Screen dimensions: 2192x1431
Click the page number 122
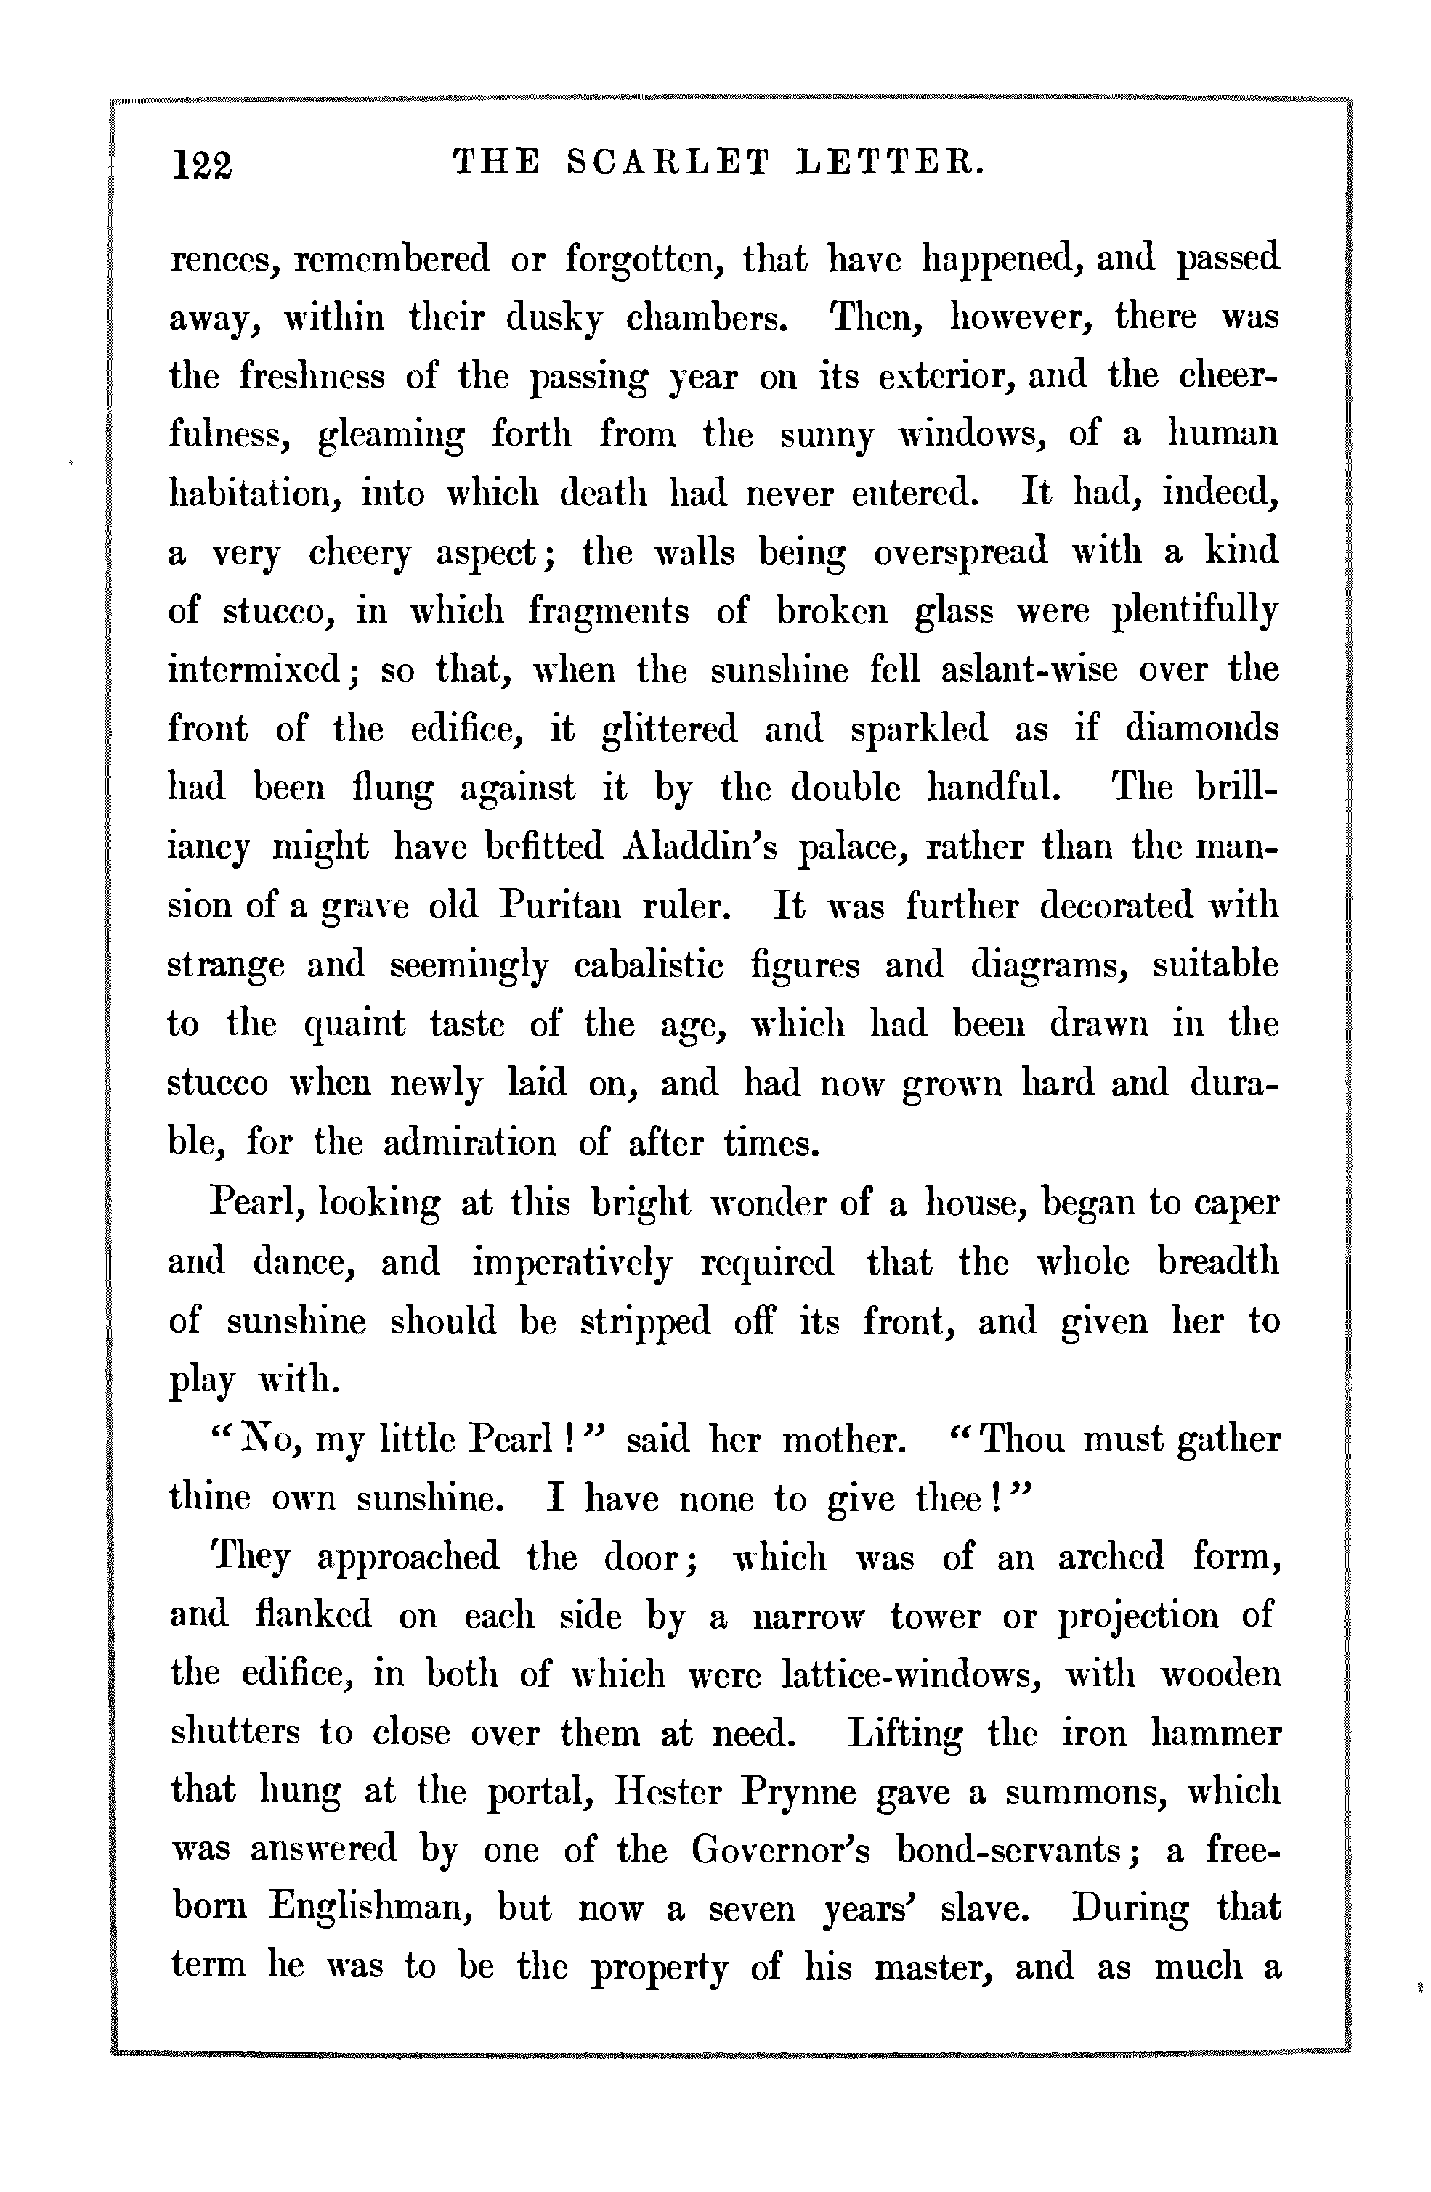point(203,165)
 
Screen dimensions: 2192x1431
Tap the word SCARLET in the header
point(666,163)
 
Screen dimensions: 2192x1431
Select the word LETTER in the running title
point(890,163)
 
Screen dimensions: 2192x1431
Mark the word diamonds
point(1201,729)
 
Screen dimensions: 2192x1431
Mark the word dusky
point(554,319)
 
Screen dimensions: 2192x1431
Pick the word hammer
point(1216,1733)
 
